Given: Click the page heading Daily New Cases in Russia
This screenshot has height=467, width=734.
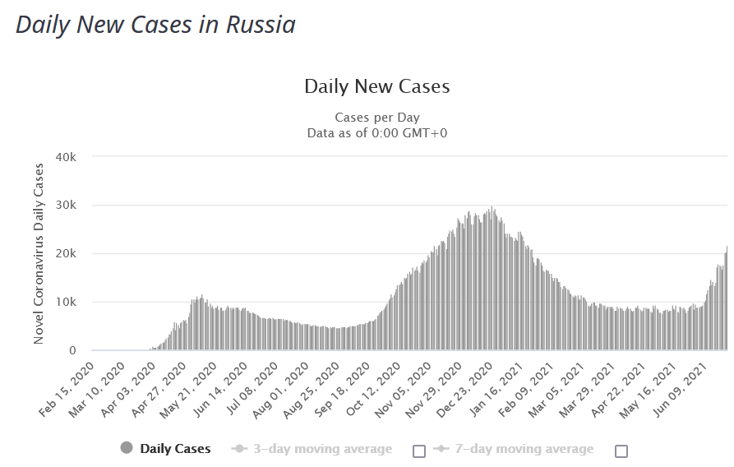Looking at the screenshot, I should point(155,25).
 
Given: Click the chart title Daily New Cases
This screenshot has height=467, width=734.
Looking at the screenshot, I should point(377,86).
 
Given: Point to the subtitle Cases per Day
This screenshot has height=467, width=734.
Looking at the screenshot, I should point(377,118).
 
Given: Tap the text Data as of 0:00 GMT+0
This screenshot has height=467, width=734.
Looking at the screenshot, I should point(377,132).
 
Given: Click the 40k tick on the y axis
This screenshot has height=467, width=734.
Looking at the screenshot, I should point(66,156).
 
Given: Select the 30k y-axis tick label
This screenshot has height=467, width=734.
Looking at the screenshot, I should point(66,205).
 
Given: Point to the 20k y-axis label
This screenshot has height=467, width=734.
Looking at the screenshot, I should point(66,253).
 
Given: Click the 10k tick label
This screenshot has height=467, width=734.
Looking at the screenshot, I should point(66,302).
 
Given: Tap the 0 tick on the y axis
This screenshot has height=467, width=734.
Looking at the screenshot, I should point(72,350).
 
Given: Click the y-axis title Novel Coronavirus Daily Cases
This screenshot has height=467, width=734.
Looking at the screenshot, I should point(39,253).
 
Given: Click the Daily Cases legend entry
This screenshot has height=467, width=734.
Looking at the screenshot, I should point(175,449).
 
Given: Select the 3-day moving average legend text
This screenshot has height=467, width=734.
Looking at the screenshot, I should point(321,449).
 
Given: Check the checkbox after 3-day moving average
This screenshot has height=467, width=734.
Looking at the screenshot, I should point(419,451).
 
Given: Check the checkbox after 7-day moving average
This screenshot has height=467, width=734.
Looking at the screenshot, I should point(621,451).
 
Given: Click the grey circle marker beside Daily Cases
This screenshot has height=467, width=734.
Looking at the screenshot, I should point(127,448).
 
